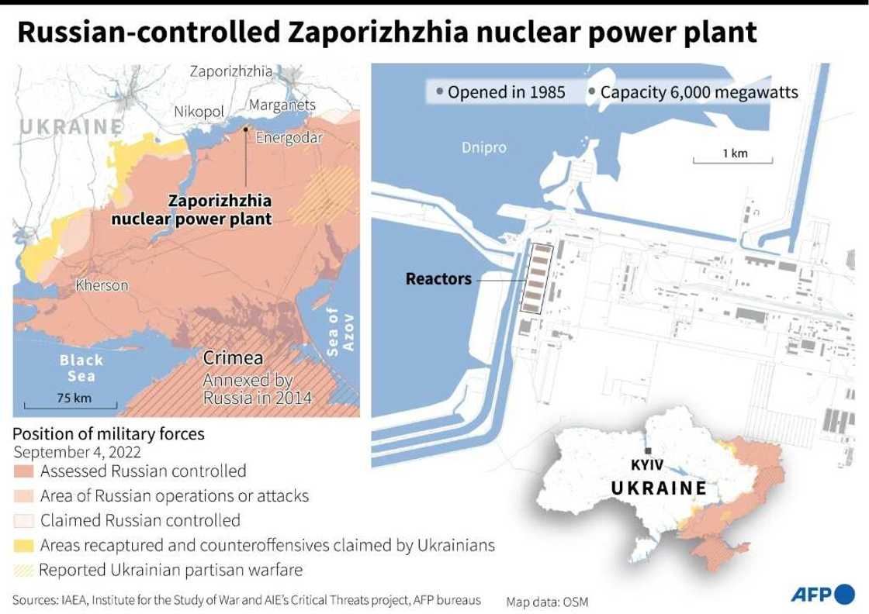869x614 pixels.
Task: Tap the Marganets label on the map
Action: (282, 105)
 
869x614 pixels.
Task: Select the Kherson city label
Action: (102, 285)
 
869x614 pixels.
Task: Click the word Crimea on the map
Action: (233, 359)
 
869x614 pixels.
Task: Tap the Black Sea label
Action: (81, 368)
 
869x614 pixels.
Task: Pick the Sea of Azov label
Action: (341, 329)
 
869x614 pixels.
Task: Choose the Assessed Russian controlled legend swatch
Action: (24, 471)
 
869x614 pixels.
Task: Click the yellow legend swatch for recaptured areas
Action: (24, 545)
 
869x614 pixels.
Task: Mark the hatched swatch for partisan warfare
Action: (24, 570)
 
